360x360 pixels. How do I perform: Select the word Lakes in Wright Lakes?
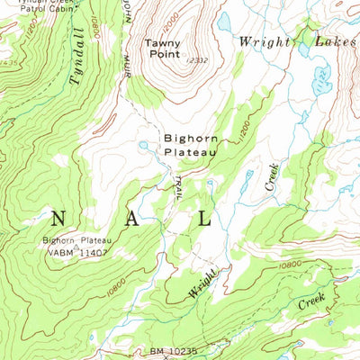click(336, 40)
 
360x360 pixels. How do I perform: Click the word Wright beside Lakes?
click(265, 40)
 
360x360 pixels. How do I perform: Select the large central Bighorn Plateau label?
click(190, 146)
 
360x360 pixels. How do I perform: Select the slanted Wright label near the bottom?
click(203, 283)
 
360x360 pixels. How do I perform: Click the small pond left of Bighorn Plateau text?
click(144, 145)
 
